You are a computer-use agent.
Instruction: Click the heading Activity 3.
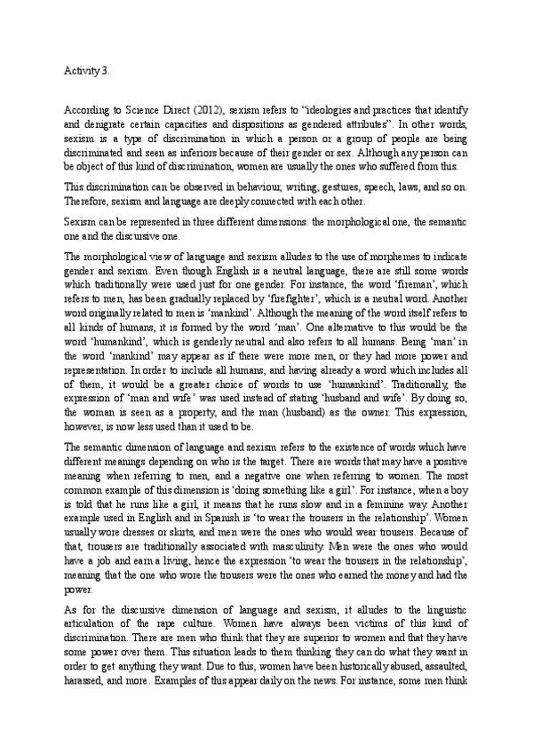coord(87,69)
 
